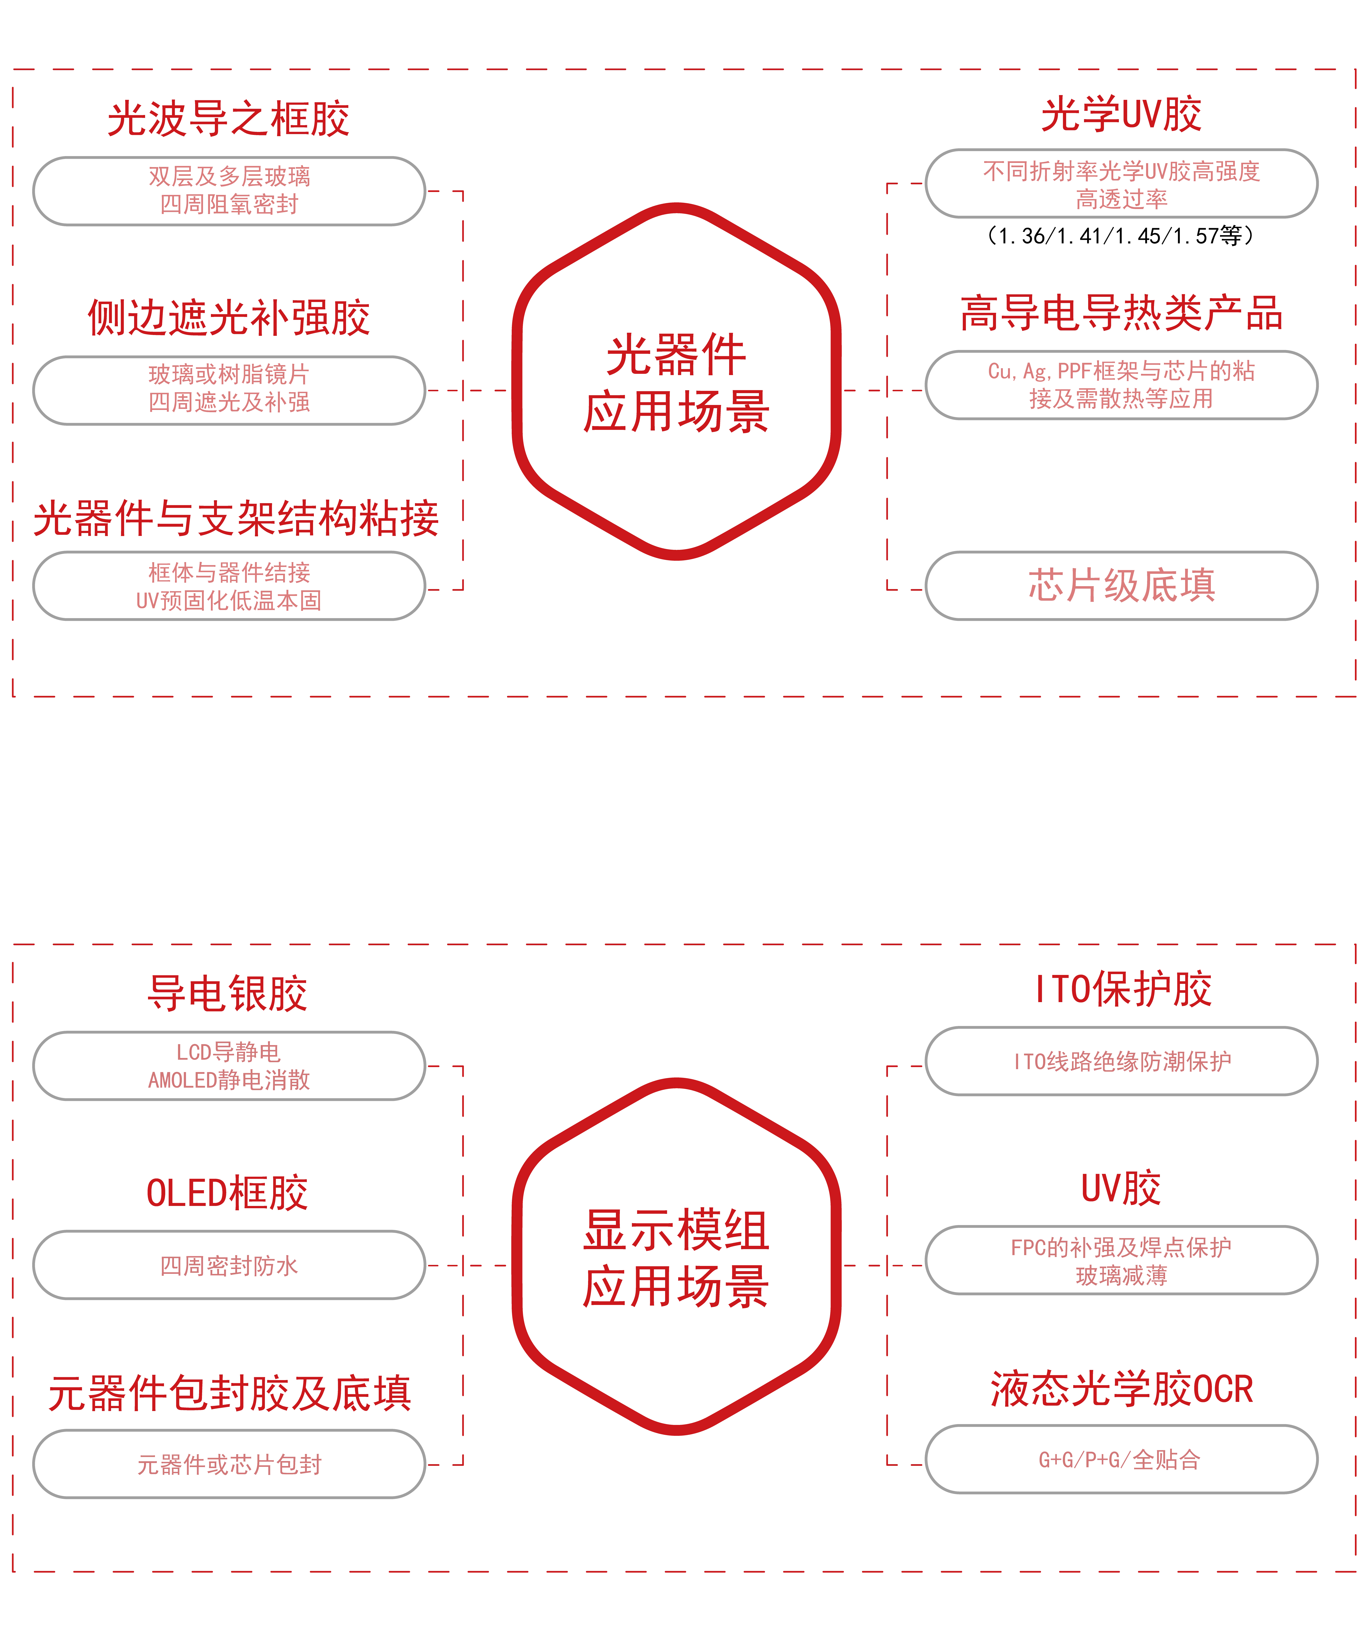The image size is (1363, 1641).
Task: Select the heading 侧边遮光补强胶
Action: point(228,318)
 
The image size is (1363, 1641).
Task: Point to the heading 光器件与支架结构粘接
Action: point(236,518)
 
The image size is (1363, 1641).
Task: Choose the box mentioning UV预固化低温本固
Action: point(229,586)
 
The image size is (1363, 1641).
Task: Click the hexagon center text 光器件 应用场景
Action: point(676,383)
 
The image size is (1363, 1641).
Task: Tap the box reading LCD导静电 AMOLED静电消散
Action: point(229,1066)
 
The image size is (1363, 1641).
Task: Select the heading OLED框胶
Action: point(228,1193)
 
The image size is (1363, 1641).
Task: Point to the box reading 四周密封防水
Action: point(229,1265)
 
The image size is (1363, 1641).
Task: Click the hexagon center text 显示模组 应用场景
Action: point(676,1258)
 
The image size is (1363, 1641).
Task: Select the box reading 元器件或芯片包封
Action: point(229,1464)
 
